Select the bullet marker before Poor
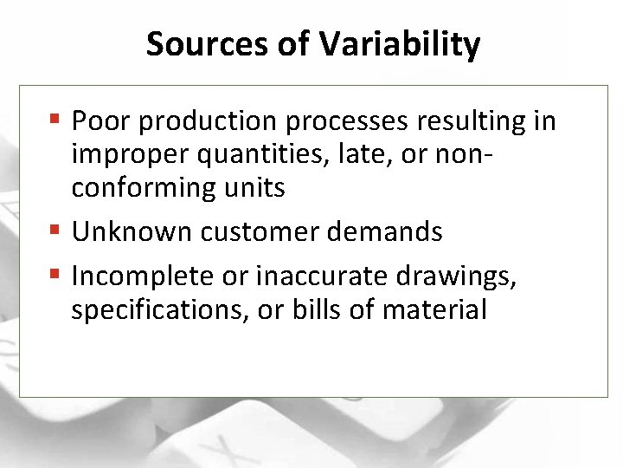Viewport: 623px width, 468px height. click(56, 120)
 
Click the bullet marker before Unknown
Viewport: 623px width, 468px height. click(56, 231)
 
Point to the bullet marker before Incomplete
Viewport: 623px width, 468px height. click(56, 275)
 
